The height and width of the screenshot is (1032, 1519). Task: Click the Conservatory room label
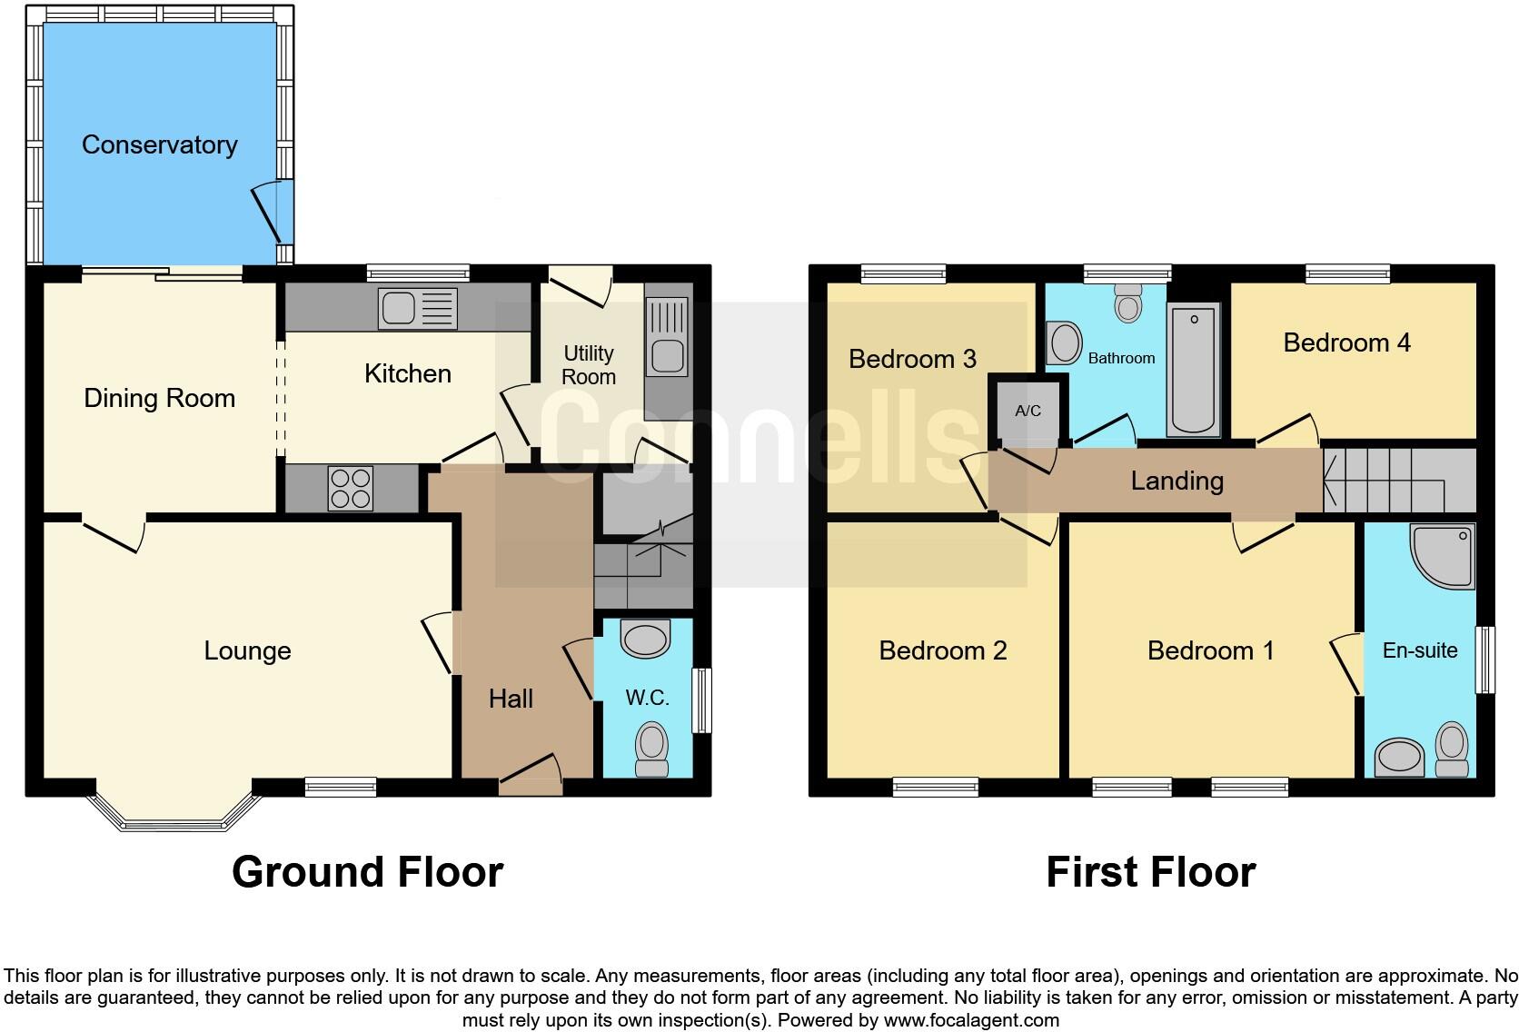pyautogui.click(x=160, y=144)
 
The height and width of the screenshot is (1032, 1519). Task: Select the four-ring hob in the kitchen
pyautogui.click(x=351, y=489)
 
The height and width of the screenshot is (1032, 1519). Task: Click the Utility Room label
pyautogui.click(x=589, y=364)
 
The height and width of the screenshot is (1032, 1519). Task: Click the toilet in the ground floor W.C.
pyautogui.click(x=650, y=749)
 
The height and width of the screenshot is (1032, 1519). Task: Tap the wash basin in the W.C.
pyautogui.click(x=645, y=638)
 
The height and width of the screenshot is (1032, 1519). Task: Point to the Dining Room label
pyautogui.click(x=160, y=398)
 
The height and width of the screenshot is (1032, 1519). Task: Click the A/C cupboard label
pyautogui.click(x=1028, y=411)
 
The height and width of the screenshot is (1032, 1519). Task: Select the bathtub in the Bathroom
pyautogui.click(x=1193, y=369)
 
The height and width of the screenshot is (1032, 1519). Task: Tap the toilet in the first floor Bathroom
pyautogui.click(x=1128, y=303)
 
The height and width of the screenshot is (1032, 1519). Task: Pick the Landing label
pyautogui.click(x=1176, y=481)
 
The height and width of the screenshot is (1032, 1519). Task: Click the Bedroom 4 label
pyautogui.click(x=1346, y=342)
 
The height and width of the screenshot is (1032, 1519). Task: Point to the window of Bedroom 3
pyautogui.click(x=903, y=273)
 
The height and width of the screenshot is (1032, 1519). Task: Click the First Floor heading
pyautogui.click(x=1150, y=872)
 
